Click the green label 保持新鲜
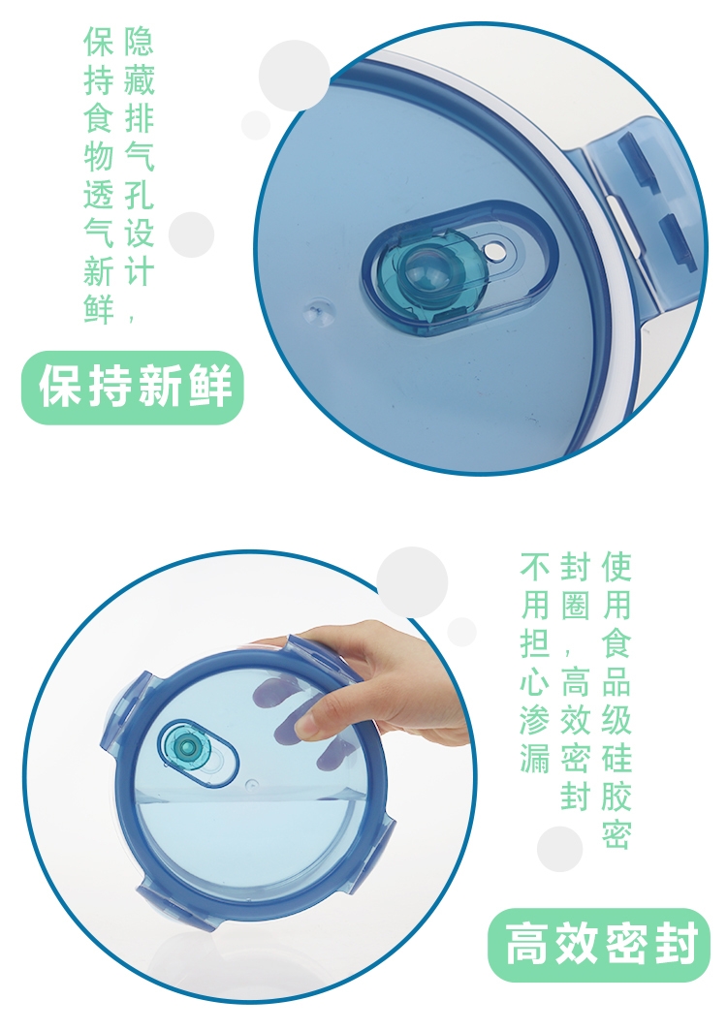pos(133,388)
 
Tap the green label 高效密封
pos(599,944)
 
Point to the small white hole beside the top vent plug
pos(492,251)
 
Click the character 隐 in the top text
pos(139,42)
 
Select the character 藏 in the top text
pos(139,79)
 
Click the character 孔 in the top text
pos(139,196)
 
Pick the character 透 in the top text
pos(99,196)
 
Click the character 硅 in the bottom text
pos(616,757)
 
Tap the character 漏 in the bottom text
pos(535,757)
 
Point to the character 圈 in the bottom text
pos(576,605)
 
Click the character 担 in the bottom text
pos(535,643)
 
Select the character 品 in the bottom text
pos(616,681)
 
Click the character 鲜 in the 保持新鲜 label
pos(211,387)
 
